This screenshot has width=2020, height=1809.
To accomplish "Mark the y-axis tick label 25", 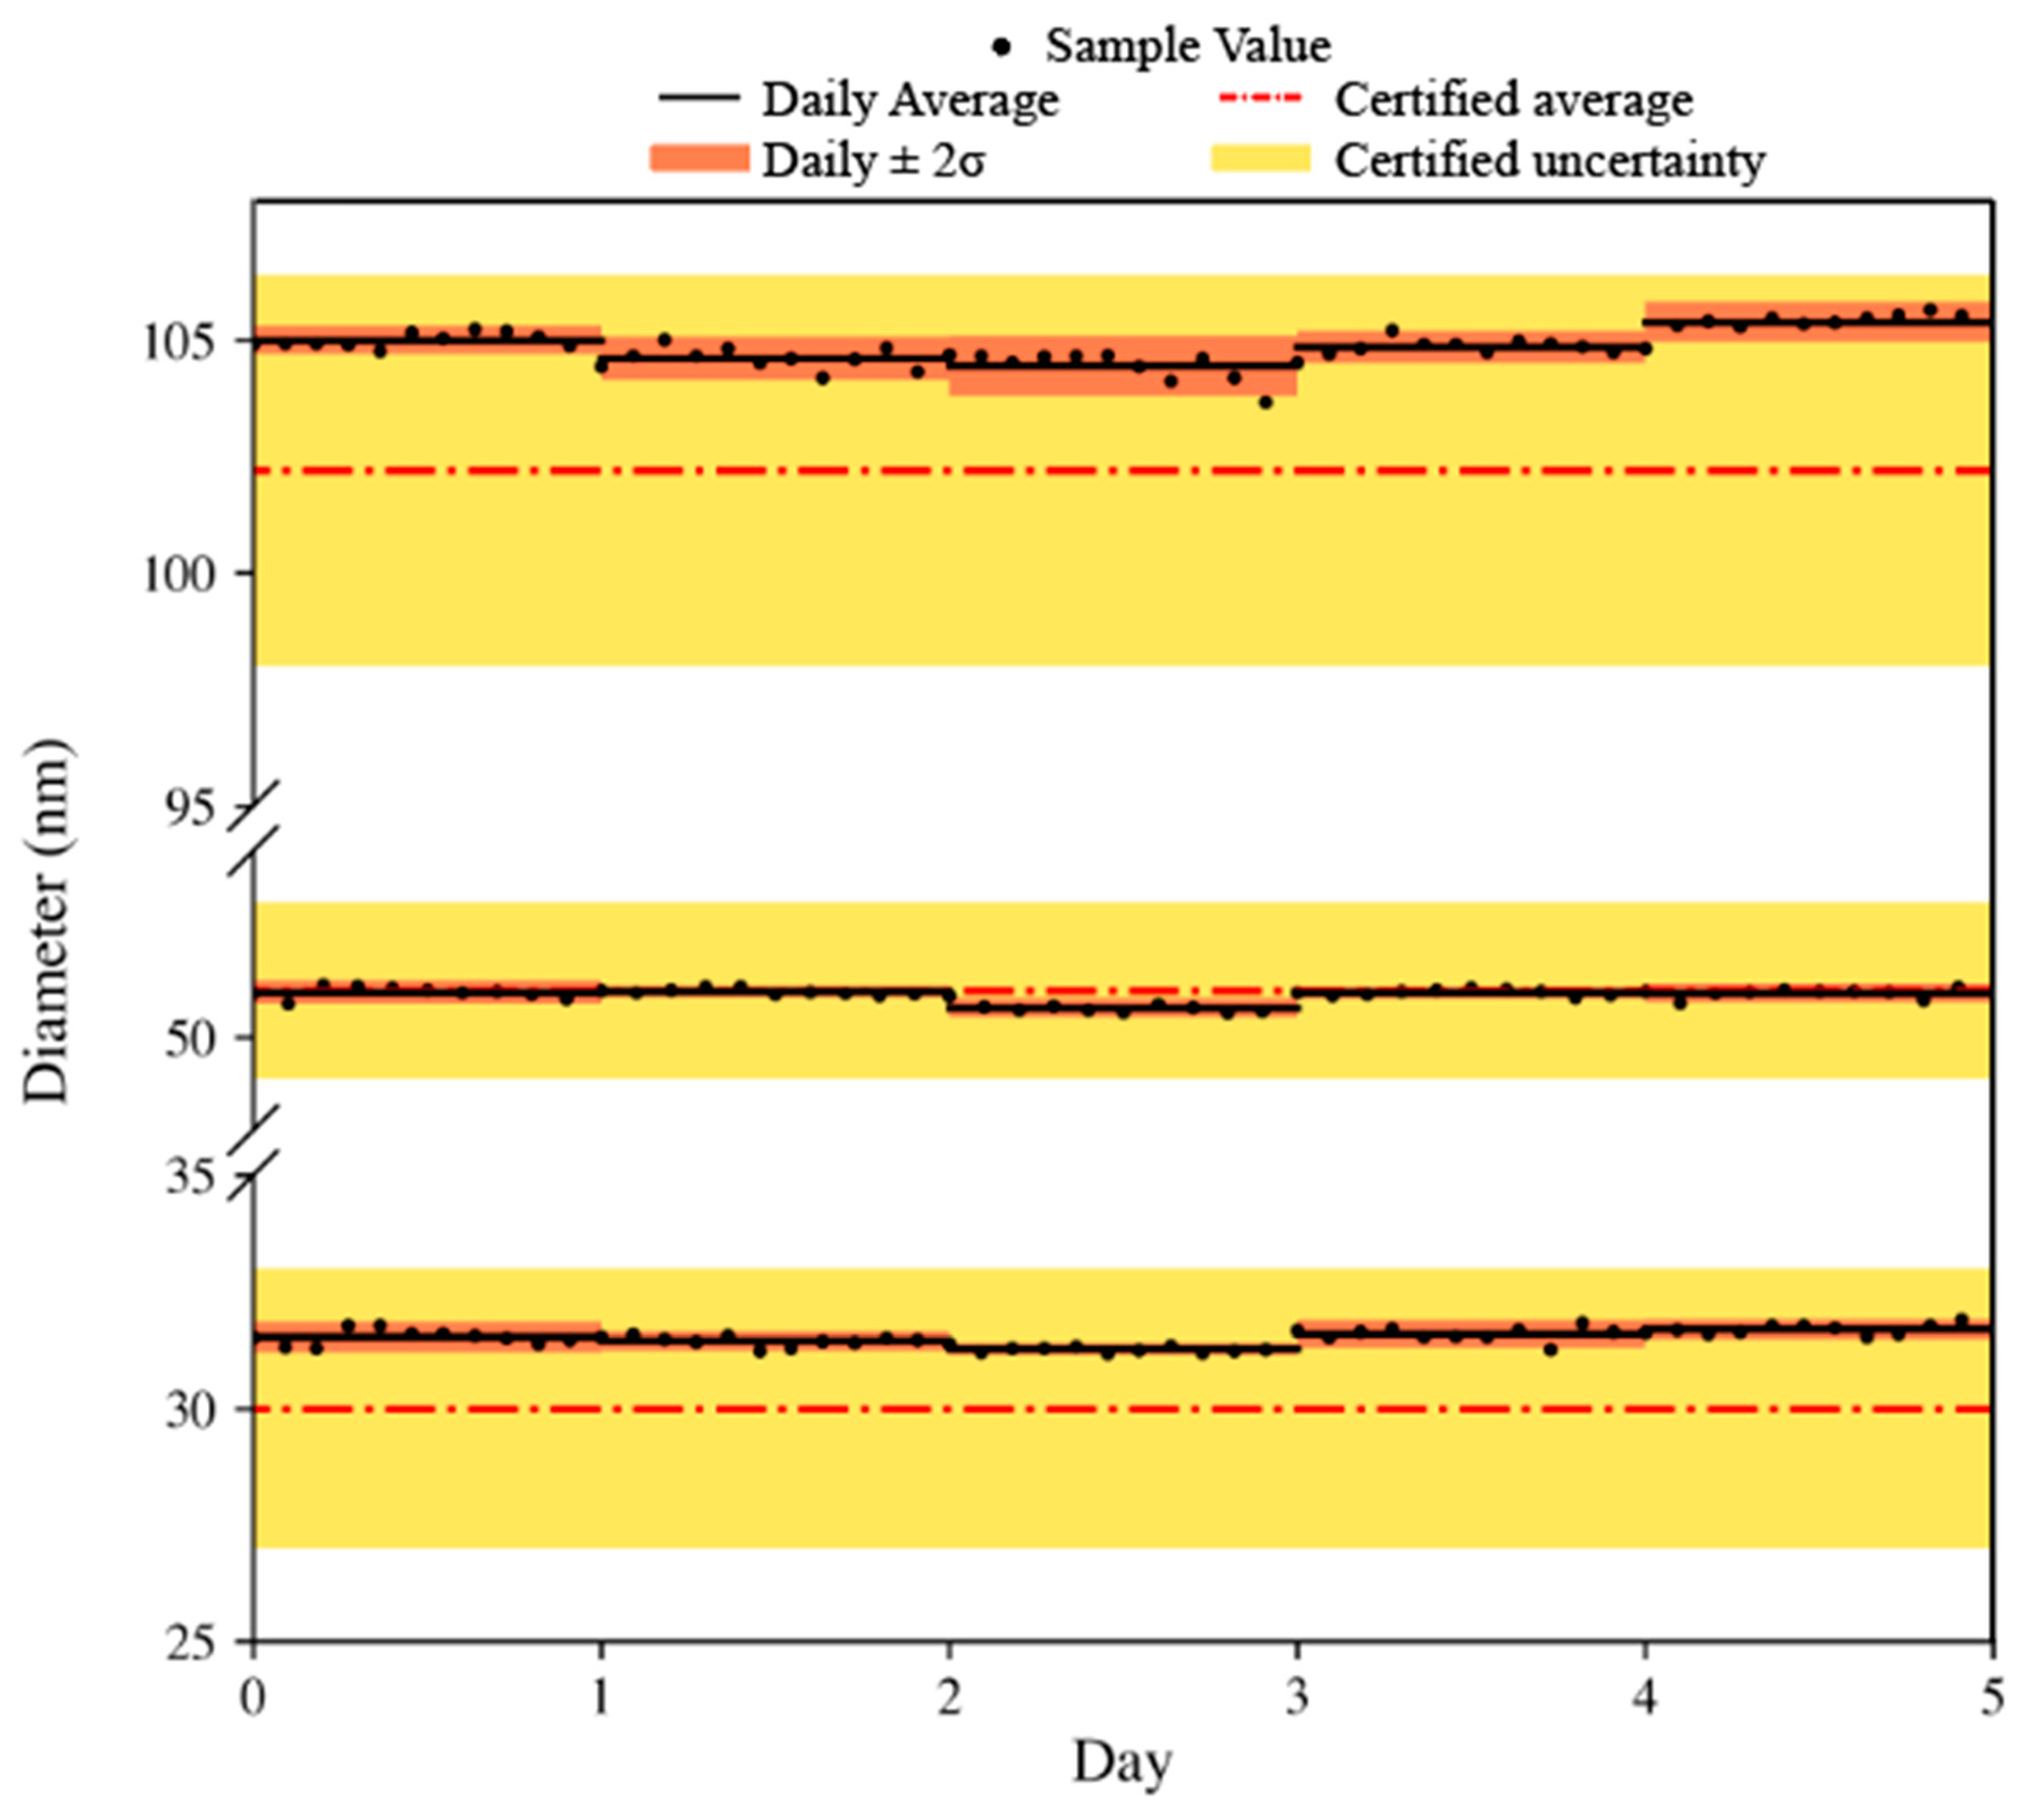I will [x=189, y=1643].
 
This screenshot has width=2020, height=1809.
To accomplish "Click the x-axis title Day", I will [x=1121, y=1763].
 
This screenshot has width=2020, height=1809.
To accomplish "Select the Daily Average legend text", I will [x=910, y=99].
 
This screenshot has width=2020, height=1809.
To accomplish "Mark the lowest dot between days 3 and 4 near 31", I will [x=1550, y=1350].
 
